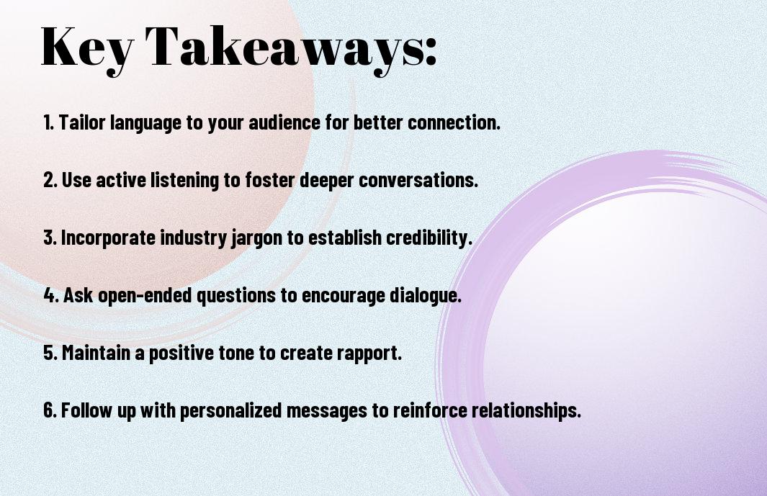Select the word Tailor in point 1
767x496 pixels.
pos(82,122)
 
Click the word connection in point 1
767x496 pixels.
pos(454,122)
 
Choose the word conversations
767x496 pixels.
pos(418,179)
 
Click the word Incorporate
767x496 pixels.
pos(108,238)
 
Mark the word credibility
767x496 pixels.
pos(429,238)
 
